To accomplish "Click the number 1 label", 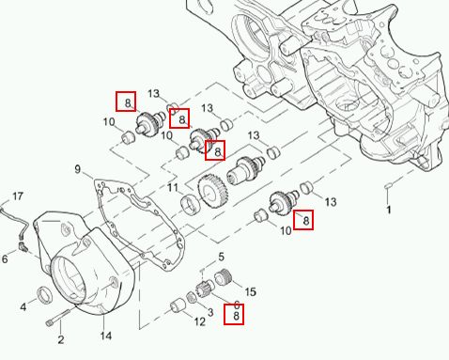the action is pyautogui.click(x=389, y=210).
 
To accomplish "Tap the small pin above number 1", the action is pyautogui.click(x=388, y=186).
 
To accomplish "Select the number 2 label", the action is pyautogui.click(x=61, y=339).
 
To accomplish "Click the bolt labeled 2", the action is pyautogui.click(x=57, y=318).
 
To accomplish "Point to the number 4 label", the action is pyautogui.click(x=23, y=307).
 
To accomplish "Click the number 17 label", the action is pyautogui.click(x=18, y=196).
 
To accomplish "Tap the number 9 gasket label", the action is pyautogui.click(x=78, y=169).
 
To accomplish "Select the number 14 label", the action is pyautogui.click(x=106, y=336).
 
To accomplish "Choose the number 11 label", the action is pyautogui.click(x=173, y=188).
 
